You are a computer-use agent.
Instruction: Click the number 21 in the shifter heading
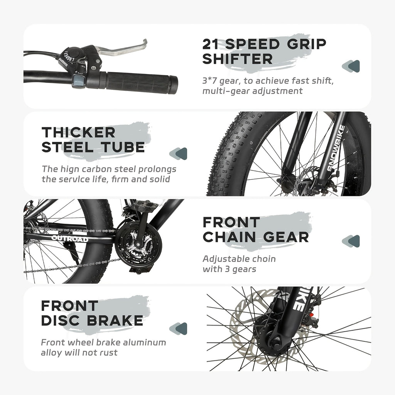pyautogui.click(x=211, y=44)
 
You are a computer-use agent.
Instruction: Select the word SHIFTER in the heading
pyautogui.click(x=238, y=59)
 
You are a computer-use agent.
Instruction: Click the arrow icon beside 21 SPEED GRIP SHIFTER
pyautogui.click(x=351, y=66)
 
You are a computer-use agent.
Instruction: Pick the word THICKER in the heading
pyautogui.click(x=78, y=132)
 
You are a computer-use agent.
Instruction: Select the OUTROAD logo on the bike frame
pyautogui.click(x=70, y=238)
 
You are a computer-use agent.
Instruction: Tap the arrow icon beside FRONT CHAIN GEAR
pyautogui.click(x=351, y=241)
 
